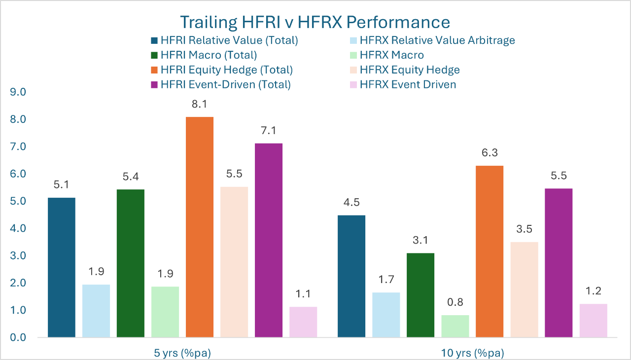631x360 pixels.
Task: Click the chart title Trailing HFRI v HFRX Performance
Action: [315, 22]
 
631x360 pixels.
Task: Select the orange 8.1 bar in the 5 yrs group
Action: [200, 227]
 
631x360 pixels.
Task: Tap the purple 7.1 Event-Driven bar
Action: [269, 240]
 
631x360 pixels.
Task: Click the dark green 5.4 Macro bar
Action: [131, 263]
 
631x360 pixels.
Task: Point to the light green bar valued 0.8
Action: [455, 326]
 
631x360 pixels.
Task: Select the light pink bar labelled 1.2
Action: [593, 321]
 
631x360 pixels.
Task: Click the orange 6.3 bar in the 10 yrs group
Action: [490, 252]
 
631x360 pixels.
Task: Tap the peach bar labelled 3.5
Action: [524, 289]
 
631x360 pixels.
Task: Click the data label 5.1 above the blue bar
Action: [62, 185]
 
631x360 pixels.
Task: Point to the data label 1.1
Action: [303, 294]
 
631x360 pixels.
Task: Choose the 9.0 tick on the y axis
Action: [18, 92]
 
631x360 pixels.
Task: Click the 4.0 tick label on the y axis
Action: [18, 229]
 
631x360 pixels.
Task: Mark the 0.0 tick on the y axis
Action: [18, 338]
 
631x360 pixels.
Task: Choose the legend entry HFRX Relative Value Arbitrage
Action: [437, 40]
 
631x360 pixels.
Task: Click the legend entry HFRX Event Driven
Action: [408, 84]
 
